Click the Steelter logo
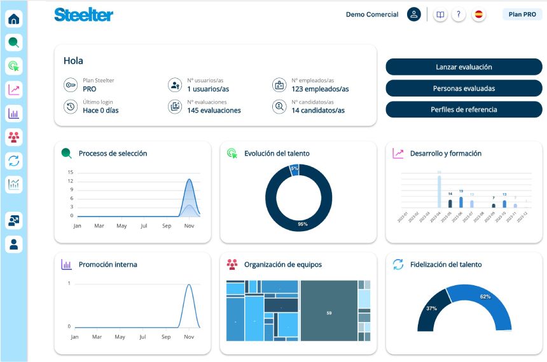83,15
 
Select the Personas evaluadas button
464,88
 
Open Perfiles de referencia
464,109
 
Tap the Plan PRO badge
522,14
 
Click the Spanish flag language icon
479,15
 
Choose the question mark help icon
459,15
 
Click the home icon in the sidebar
14,19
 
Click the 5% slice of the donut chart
294,168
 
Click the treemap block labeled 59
329,312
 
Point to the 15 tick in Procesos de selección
71,172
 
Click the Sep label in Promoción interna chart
166,337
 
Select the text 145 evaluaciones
214,111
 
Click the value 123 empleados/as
320,90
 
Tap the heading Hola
73,61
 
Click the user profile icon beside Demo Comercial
414,15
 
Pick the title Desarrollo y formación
445,153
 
